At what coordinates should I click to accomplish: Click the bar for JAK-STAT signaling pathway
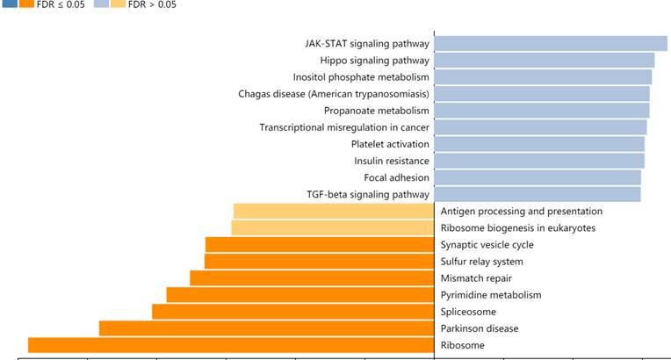coord(551,43)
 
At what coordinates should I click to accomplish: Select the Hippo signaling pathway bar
coord(544,60)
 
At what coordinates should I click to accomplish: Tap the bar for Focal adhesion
coord(538,177)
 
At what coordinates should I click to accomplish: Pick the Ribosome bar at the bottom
coord(231,345)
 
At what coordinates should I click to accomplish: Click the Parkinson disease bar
coord(266,328)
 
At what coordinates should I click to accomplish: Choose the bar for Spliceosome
coord(292,312)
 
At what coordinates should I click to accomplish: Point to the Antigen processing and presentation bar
coord(334,211)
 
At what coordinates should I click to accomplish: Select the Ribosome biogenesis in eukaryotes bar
coord(332,227)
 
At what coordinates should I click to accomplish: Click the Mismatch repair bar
coord(312,278)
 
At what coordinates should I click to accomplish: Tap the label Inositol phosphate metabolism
coord(361,77)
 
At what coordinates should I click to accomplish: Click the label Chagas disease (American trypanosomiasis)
coord(334,94)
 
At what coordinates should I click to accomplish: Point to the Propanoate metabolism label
coord(376,111)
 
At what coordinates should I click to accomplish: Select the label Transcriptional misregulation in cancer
coord(344,127)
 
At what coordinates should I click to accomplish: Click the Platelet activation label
coord(390,144)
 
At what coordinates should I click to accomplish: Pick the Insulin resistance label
coord(392,161)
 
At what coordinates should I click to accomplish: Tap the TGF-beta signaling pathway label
coord(368,194)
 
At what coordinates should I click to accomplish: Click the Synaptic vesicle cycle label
coord(487,245)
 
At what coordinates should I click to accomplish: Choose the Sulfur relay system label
coord(481,262)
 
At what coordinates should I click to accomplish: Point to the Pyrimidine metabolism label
coord(490,295)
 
